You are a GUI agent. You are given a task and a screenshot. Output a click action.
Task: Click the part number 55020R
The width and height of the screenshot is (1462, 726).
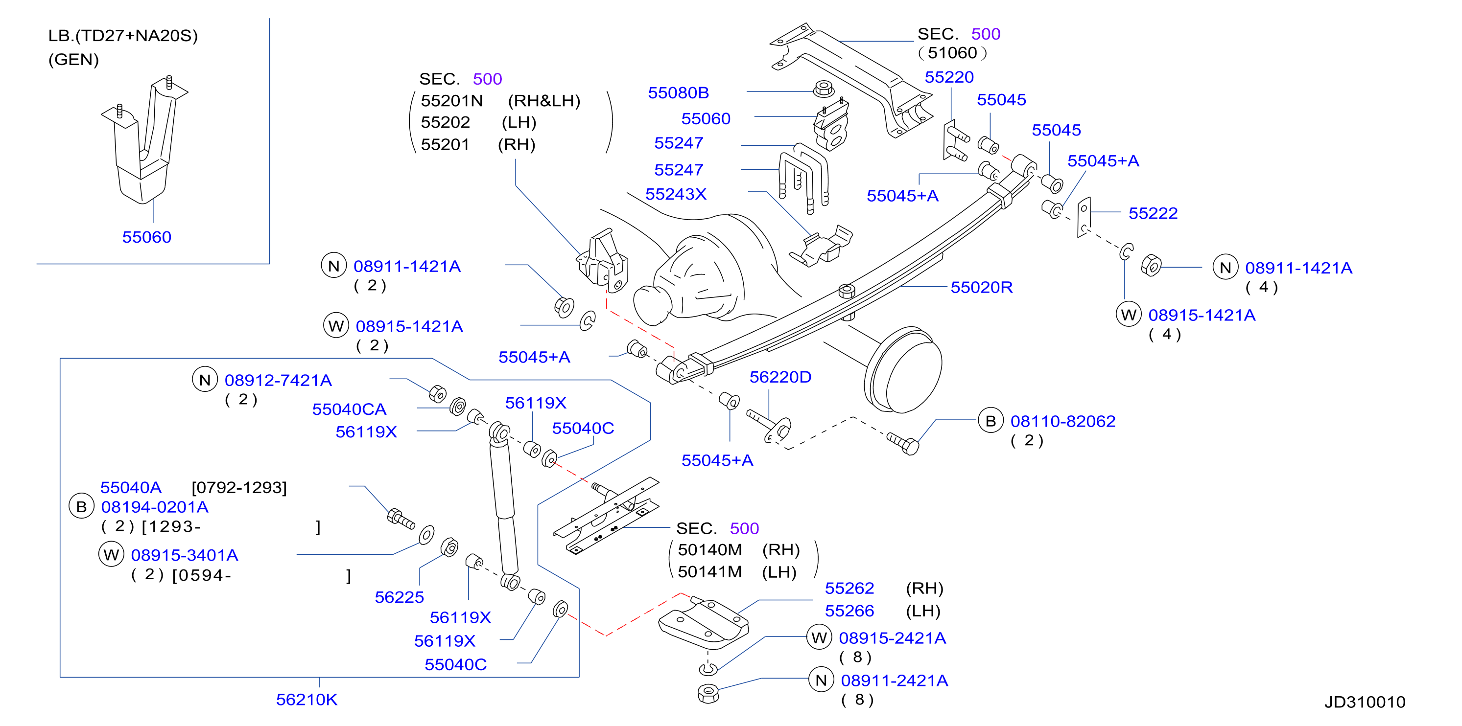tap(981, 288)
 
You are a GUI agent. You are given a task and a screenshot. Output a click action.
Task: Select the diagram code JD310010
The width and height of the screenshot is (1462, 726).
tap(1365, 702)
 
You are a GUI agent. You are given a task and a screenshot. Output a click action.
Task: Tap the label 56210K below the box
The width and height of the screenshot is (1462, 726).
tap(307, 700)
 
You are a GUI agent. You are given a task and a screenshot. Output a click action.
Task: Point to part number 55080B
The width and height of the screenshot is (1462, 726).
tap(678, 92)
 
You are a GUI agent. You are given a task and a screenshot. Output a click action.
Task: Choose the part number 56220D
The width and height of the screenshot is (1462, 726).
tap(780, 377)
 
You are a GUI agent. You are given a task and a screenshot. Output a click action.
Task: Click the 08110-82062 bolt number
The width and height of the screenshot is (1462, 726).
tap(1062, 421)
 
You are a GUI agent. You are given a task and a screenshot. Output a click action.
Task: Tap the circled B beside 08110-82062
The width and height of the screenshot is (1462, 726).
tap(990, 421)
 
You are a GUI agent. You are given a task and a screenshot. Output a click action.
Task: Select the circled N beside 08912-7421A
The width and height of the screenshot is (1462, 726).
tap(205, 380)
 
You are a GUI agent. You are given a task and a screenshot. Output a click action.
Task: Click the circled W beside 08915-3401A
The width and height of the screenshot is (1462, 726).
tap(111, 555)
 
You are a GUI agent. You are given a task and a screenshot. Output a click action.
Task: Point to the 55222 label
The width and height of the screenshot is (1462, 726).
tap(1153, 213)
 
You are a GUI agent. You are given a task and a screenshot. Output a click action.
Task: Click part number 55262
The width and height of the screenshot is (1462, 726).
tap(849, 588)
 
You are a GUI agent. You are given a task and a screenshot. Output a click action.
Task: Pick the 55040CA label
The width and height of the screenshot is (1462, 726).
tap(349, 409)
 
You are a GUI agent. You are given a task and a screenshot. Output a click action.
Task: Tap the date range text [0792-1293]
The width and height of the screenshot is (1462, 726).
tap(239, 488)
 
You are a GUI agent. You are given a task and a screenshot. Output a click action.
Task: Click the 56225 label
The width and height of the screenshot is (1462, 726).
tap(399, 597)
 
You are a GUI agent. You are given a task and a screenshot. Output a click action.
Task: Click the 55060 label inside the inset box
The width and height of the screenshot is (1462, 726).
tap(146, 237)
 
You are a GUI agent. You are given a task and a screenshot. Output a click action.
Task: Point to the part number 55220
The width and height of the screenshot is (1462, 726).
tap(949, 77)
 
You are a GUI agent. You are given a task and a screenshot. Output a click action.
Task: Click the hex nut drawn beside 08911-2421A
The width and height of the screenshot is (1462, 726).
tap(707, 693)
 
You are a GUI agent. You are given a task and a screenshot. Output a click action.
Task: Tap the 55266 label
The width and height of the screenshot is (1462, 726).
tap(849, 611)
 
